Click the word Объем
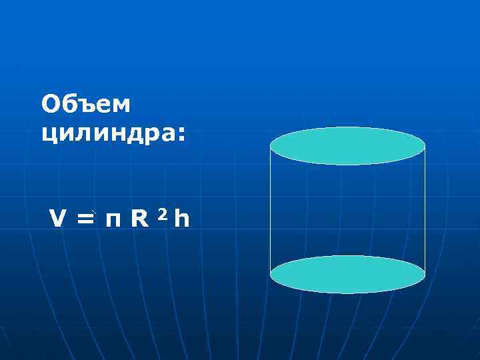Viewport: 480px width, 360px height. [87, 104]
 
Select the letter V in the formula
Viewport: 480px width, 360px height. [57, 217]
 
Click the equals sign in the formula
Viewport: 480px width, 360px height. [85, 218]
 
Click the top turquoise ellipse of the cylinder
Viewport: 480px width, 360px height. [347, 145]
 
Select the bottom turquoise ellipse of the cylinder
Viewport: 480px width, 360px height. [347, 274]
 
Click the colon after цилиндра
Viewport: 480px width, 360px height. [181, 133]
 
